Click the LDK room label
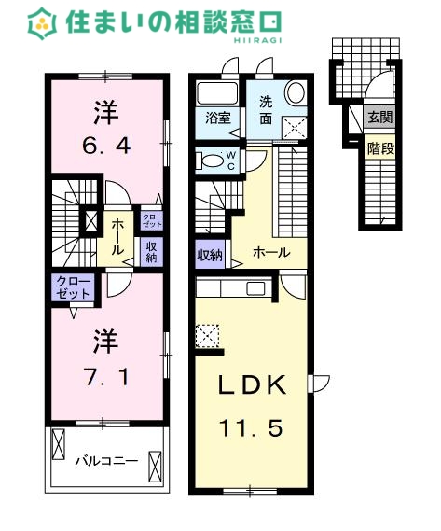click(x=252, y=385)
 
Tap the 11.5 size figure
click(x=251, y=427)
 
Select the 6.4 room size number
click(x=106, y=146)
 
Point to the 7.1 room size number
click(x=107, y=377)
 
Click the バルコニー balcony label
click(x=106, y=461)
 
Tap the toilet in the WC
click(x=210, y=161)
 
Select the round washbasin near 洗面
click(x=296, y=92)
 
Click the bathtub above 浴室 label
click(x=217, y=93)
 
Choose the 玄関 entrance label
click(x=380, y=118)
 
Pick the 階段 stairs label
click(x=380, y=148)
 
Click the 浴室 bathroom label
click(x=218, y=118)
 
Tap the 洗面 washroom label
click(x=266, y=110)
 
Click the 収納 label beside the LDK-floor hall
click(x=210, y=255)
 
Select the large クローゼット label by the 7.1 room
click(x=73, y=287)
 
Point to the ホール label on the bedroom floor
click(x=117, y=237)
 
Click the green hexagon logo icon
click(x=42, y=23)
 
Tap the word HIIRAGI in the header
click(x=258, y=40)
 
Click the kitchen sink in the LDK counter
click(x=256, y=288)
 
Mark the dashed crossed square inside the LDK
click(x=208, y=336)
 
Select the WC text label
click(x=231, y=161)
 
